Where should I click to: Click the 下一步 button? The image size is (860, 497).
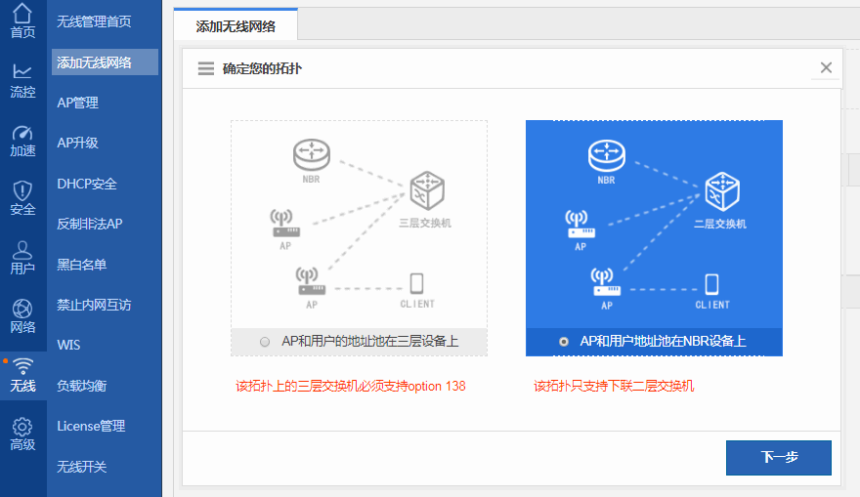pyautogui.click(x=778, y=458)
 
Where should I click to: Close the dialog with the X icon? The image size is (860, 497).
pyautogui.click(x=826, y=67)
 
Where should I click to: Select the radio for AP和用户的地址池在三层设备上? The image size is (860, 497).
pyautogui.click(x=265, y=342)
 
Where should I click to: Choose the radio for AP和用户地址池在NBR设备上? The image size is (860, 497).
pyautogui.click(x=564, y=342)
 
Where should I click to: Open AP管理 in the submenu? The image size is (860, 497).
pyautogui.click(x=78, y=103)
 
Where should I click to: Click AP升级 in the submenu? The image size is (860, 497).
pyautogui.click(x=78, y=143)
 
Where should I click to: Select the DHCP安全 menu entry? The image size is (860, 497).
pyautogui.click(x=87, y=184)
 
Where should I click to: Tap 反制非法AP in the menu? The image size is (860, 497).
pyautogui.click(x=90, y=224)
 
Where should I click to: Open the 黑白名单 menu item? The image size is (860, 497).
pyautogui.click(x=82, y=265)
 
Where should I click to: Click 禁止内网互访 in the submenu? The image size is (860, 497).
pyautogui.click(x=94, y=305)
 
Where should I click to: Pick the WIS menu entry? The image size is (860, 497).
pyautogui.click(x=68, y=345)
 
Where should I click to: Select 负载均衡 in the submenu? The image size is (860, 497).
pyautogui.click(x=82, y=386)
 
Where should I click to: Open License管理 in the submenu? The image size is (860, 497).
pyautogui.click(x=91, y=426)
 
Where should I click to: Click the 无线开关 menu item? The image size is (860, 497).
pyautogui.click(x=82, y=467)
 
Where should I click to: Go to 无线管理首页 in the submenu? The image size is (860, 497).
pyautogui.click(x=94, y=21)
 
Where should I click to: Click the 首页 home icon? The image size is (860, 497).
pyautogui.click(x=22, y=15)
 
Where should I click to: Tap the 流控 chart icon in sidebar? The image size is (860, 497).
pyautogui.click(x=22, y=72)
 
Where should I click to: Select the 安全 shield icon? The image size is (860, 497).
pyautogui.click(x=22, y=190)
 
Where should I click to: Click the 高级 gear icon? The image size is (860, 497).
pyautogui.click(x=22, y=428)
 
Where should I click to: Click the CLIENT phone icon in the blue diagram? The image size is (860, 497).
pyautogui.click(x=711, y=284)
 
